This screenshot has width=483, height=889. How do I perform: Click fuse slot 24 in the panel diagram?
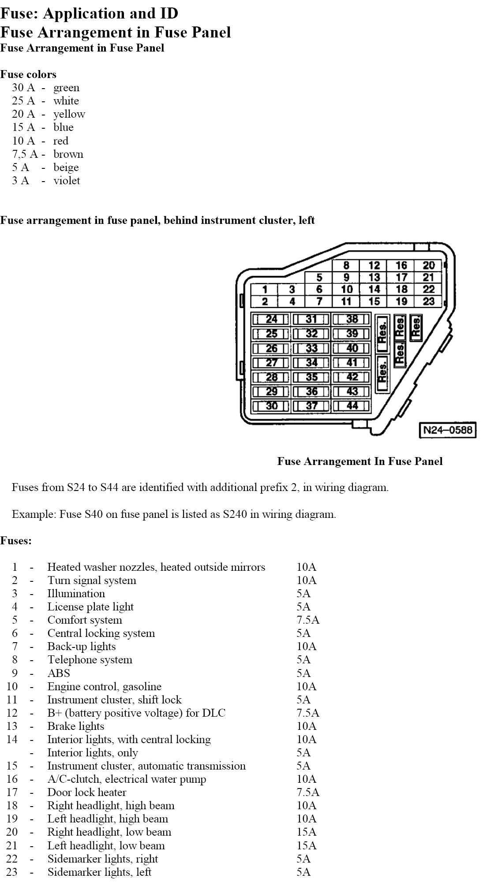pos(271,319)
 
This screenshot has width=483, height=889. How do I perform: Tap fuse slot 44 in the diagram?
pos(352,405)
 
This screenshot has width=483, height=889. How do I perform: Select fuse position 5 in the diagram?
pos(319,278)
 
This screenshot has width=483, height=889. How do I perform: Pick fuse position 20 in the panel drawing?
pos(428,265)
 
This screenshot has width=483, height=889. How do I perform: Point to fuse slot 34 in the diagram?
pos(311,363)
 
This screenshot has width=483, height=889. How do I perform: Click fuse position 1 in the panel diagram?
pos(265,290)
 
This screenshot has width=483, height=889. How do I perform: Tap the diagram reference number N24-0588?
pos(447,430)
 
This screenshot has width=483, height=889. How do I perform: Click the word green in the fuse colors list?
pos(66,88)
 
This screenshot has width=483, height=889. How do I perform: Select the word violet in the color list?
pos(67,181)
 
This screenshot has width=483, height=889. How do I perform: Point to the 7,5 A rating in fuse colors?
pos(25,154)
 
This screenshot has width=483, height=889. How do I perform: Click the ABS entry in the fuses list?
pos(59,673)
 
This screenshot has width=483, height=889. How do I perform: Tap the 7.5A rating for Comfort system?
pos(308,620)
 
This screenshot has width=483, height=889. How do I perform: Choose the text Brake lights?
pos(76,726)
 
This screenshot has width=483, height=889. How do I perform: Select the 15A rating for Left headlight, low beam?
pos(306,845)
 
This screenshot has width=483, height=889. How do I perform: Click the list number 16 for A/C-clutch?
pos(12,779)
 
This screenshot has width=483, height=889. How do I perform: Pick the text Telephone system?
pos(90,660)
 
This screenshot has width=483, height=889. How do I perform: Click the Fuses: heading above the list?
pos(16,541)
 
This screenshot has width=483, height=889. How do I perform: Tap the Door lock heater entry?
pos(87,792)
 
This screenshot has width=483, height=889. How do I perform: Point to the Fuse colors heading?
pos(28,74)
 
